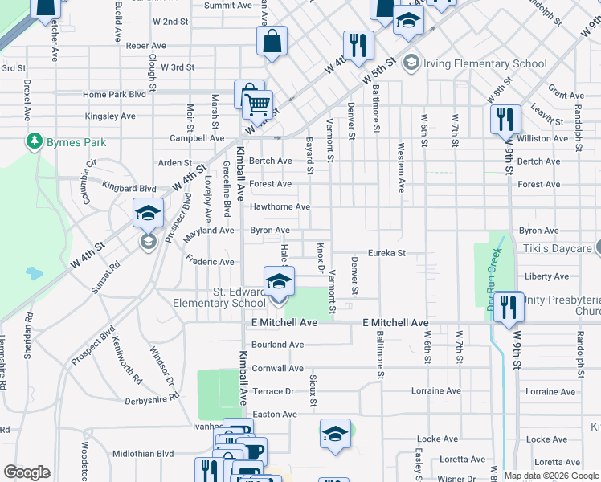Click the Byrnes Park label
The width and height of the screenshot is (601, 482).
77,143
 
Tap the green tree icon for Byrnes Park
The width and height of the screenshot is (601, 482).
35,142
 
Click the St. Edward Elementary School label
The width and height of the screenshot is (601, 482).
220,297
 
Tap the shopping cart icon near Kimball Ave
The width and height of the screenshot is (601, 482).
257,104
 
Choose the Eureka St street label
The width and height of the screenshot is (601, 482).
386,253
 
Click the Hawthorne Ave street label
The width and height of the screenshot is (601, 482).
280,207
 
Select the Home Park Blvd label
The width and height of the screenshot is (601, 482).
115,95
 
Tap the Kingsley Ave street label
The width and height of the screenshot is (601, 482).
110,116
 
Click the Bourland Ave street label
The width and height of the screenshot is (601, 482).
277,345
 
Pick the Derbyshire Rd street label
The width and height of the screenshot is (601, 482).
152,399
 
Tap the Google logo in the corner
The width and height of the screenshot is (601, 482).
27,472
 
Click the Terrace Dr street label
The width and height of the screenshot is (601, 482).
274,391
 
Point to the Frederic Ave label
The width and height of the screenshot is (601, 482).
210,261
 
